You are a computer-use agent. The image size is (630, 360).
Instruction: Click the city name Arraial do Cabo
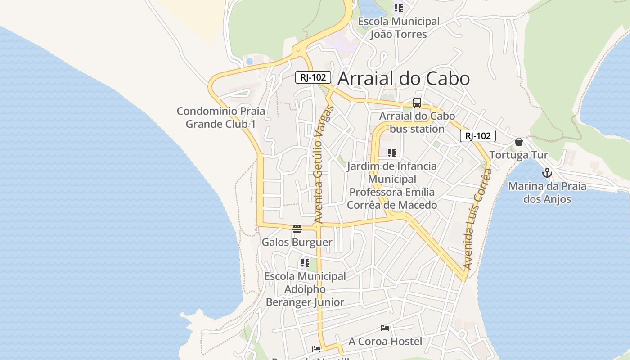(x=404, y=78)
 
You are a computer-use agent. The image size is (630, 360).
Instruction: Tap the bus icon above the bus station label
(x=417, y=103)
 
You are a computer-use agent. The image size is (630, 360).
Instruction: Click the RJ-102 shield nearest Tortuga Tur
(x=477, y=136)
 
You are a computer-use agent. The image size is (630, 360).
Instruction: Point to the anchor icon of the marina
(x=547, y=173)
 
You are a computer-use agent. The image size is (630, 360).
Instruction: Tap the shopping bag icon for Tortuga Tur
(x=519, y=142)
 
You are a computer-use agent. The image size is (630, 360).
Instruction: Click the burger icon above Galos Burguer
(x=297, y=229)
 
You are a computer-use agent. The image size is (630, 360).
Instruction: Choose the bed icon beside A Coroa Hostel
(x=385, y=328)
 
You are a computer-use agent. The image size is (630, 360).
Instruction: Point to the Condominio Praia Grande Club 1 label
(x=220, y=117)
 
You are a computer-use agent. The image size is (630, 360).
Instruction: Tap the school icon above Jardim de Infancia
(x=392, y=153)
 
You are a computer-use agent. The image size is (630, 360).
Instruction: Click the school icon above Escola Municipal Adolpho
(x=305, y=262)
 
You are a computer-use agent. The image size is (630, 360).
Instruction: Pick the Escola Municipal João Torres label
(x=399, y=28)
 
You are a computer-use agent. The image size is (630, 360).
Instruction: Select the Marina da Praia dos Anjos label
(x=547, y=193)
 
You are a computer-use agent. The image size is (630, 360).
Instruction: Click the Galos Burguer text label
(x=297, y=242)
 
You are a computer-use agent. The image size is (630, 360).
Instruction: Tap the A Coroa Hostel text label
(x=385, y=342)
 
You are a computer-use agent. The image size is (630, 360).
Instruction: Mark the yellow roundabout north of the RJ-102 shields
(x=297, y=51)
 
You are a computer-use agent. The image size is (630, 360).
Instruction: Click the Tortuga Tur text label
(x=518, y=155)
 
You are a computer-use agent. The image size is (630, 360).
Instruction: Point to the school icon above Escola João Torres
(x=399, y=8)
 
